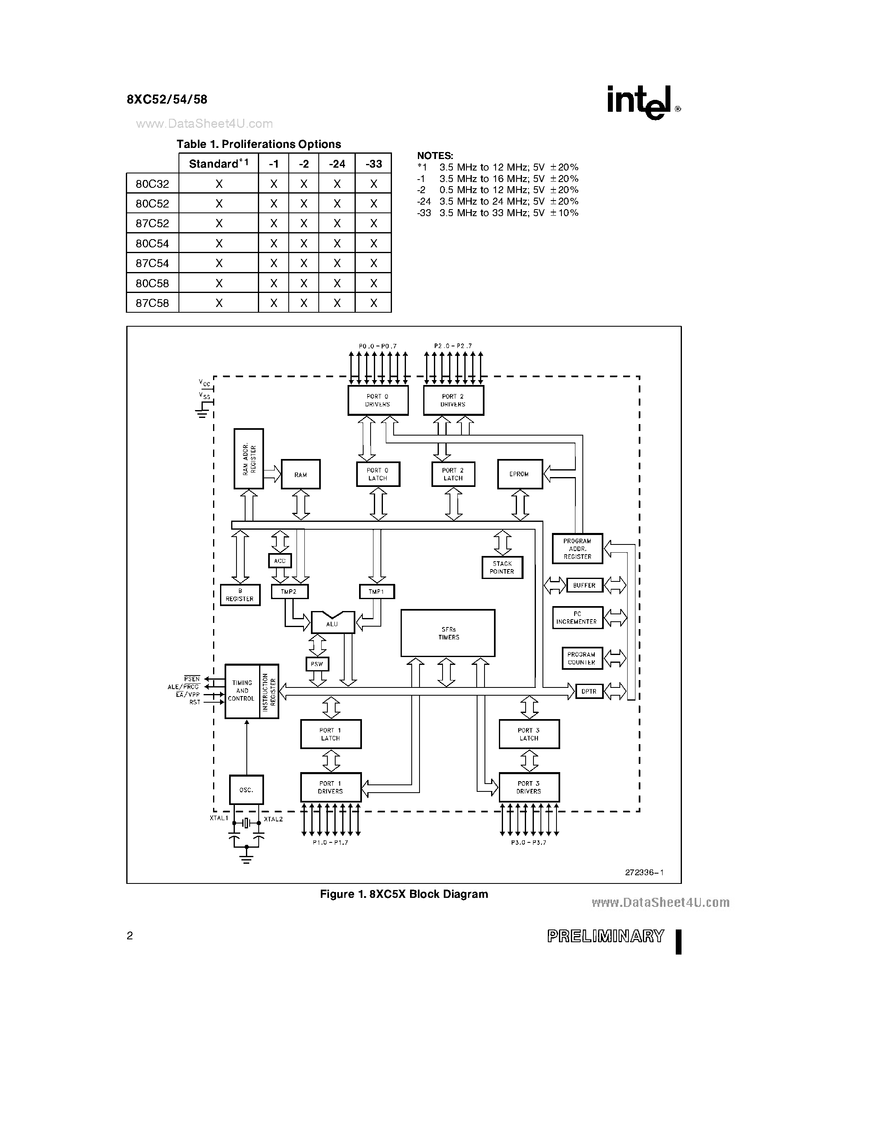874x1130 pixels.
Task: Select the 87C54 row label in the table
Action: click(152, 263)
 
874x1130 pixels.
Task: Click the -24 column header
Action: click(336, 164)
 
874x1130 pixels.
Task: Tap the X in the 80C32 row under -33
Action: click(373, 184)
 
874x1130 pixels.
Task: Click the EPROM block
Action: click(519, 474)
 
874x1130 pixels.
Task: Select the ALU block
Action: click(332, 623)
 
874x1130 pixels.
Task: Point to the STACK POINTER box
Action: click(502, 567)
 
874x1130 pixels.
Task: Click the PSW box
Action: click(317, 664)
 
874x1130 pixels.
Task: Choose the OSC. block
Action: click(246, 790)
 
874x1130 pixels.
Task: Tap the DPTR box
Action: click(589, 691)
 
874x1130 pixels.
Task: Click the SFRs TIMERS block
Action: click(448, 633)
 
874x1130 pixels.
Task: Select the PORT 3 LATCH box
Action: click(529, 734)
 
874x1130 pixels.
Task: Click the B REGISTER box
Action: click(240, 595)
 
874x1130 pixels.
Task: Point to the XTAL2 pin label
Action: click(274, 819)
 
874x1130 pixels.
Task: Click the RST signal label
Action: click(195, 702)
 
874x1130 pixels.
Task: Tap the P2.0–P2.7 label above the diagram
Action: click(453, 346)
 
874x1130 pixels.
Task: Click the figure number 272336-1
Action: click(644, 872)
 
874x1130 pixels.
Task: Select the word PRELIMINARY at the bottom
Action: click(605, 936)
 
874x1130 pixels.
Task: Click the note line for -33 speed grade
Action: click(498, 213)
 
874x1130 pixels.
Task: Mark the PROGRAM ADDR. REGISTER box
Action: click(577, 549)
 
